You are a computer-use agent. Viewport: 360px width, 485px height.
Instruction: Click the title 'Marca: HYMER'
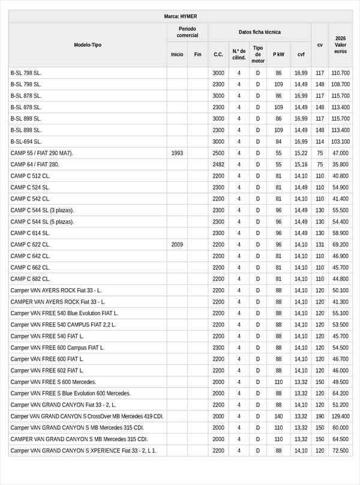pos(180,16)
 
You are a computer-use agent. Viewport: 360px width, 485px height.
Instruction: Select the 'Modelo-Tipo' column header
pos(88,45)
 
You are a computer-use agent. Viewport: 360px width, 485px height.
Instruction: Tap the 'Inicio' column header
pos(177,54)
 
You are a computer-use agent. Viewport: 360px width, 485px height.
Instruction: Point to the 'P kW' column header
pos(278,54)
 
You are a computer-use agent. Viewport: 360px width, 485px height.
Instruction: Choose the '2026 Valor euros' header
pos(340,45)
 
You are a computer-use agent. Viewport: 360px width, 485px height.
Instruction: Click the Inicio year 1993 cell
pos(177,153)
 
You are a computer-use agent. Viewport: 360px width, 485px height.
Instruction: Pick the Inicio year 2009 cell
pos(177,245)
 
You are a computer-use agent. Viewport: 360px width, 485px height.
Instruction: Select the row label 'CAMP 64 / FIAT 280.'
pos(35,164)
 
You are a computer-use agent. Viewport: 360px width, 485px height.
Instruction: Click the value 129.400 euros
pos(340,417)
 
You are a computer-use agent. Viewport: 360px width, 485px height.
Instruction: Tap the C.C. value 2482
pos(218,164)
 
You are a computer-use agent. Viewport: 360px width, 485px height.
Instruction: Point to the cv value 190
pos(320,417)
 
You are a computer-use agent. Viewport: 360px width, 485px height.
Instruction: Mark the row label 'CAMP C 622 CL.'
pos(31,245)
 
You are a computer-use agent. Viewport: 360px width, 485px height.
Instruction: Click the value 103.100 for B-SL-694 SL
pos(340,142)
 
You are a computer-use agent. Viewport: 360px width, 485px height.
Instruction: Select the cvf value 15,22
pos(301,153)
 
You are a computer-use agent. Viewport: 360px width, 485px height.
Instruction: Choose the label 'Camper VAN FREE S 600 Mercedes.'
pos(53,382)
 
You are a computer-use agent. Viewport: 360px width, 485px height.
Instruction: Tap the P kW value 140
pos(278,417)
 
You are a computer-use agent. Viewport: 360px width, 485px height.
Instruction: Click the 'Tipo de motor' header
pos(258,54)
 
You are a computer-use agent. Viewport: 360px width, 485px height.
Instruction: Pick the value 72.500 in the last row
pos(340,451)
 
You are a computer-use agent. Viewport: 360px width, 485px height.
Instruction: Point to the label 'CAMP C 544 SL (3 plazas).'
pos(42,211)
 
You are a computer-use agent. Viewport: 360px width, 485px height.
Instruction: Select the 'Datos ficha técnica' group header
pos(259,32)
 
